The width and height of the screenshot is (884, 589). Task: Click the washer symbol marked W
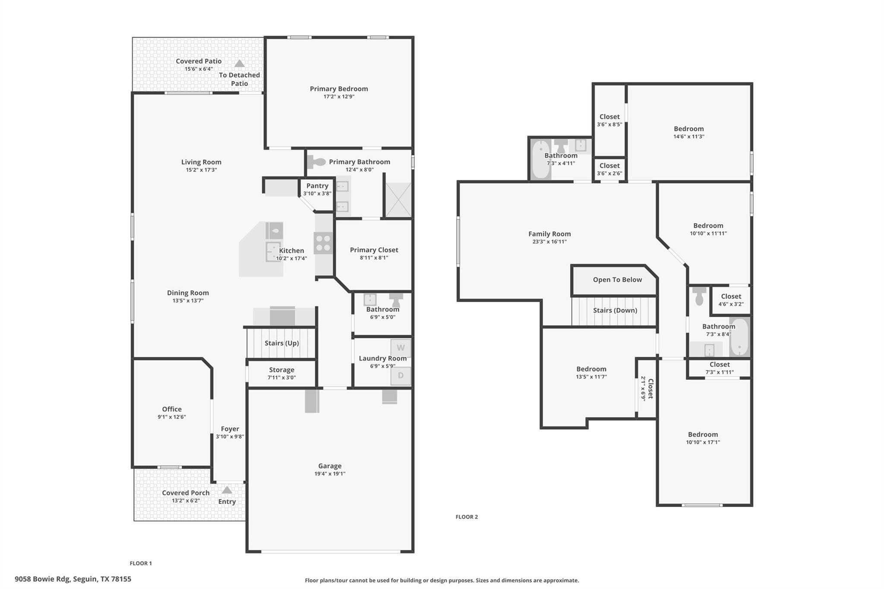click(401, 348)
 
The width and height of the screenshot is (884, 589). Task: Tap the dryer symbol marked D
click(401, 375)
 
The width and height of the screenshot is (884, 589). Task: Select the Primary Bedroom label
click(339, 89)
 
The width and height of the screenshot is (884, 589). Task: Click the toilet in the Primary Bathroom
click(317, 162)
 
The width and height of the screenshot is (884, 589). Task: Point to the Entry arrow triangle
click(227, 490)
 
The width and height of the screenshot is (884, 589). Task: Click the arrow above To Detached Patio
click(240, 64)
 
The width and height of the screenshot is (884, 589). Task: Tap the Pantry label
click(317, 186)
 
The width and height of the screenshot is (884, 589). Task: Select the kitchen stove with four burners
click(323, 243)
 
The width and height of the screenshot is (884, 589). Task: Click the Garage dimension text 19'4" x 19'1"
click(330, 474)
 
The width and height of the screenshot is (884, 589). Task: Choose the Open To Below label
click(617, 280)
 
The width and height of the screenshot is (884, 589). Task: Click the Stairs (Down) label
click(615, 310)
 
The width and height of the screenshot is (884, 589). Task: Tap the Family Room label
click(549, 234)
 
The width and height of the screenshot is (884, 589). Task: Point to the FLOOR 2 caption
click(467, 517)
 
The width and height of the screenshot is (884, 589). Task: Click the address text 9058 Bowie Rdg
click(42, 579)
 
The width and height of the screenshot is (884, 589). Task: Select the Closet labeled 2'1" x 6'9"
click(647, 388)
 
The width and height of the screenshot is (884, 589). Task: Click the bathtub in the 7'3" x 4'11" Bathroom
click(540, 159)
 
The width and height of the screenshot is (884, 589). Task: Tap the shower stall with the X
click(398, 200)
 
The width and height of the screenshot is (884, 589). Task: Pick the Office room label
click(172, 409)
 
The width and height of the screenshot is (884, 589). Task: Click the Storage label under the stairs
click(281, 370)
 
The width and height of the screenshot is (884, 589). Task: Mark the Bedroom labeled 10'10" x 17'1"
click(703, 435)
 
